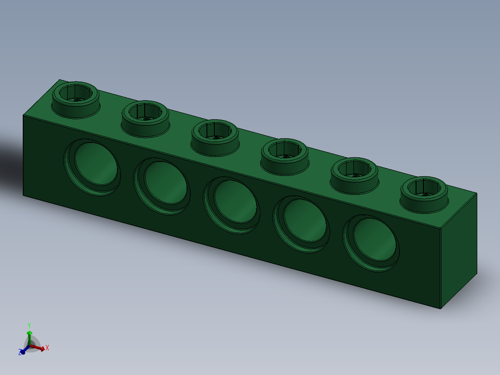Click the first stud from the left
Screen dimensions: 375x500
tap(75, 97)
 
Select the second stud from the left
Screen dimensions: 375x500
tap(145, 117)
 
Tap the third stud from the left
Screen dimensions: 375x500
tap(215, 136)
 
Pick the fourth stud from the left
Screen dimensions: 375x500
tap(284, 155)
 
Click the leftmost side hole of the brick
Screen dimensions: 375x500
tap(92, 167)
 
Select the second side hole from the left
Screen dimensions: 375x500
tap(162, 186)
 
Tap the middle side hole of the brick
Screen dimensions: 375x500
tap(232, 205)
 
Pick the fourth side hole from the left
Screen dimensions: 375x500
tap(301, 224)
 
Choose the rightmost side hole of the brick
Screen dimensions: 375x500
tap(371, 243)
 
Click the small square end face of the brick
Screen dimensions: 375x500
tap(458, 251)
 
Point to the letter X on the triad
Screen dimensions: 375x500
tap(47, 347)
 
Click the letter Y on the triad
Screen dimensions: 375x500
tap(29, 325)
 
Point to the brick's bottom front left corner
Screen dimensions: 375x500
tap(23, 195)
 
